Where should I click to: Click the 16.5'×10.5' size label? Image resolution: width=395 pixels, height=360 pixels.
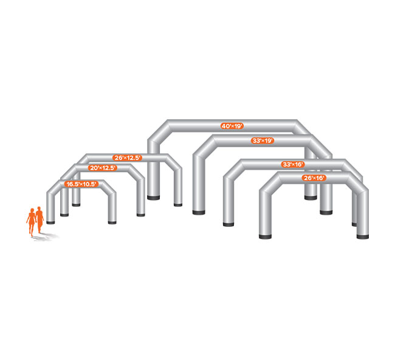[82, 184]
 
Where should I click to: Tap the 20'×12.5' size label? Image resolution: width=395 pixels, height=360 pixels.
[103, 168]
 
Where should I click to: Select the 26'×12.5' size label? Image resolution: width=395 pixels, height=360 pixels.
[128, 157]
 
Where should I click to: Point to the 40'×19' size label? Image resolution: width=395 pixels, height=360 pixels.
[232, 126]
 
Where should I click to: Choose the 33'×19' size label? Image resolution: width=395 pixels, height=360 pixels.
[263, 140]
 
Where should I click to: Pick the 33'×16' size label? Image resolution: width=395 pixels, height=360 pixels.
[294, 164]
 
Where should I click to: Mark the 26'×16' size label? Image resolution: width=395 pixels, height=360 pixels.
[314, 178]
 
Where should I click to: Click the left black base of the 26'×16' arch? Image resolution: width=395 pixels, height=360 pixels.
[266, 237]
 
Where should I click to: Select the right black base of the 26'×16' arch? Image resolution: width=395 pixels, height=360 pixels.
[362, 235]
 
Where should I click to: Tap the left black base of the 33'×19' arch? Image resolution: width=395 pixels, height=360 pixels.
[199, 212]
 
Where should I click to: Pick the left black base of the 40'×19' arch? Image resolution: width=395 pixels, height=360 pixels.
[153, 198]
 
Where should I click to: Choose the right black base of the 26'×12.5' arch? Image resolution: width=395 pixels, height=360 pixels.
[178, 204]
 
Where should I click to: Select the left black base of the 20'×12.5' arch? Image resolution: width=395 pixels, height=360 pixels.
[64, 214]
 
